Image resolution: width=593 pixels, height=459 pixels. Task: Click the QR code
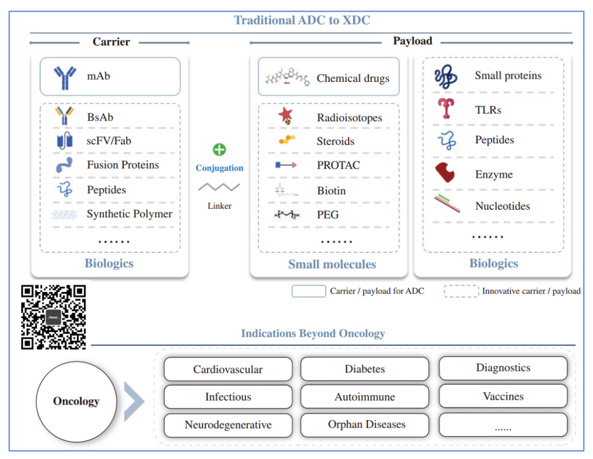(x=53, y=317)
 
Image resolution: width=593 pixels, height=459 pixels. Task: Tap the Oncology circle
(x=76, y=401)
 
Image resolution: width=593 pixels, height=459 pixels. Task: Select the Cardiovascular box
(x=228, y=370)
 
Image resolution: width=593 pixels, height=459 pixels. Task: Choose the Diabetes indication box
(x=365, y=369)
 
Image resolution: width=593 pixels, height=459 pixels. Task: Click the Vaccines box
(x=503, y=396)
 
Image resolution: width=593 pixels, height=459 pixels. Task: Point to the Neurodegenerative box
(x=228, y=425)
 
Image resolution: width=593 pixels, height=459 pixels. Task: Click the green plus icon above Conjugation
(x=219, y=150)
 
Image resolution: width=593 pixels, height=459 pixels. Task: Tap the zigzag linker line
(x=219, y=187)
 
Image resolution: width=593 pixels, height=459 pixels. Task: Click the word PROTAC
(x=338, y=165)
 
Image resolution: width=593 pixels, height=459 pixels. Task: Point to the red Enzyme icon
(x=445, y=173)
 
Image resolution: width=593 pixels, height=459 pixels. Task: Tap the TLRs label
(x=488, y=110)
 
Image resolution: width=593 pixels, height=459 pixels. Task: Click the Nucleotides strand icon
(x=447, y=204)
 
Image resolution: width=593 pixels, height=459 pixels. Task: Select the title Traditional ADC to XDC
(x=302, y=20)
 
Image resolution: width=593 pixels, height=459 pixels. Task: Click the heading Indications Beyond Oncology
(x=313, y=333)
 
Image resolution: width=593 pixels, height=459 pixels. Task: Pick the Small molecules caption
(x=332, y=264)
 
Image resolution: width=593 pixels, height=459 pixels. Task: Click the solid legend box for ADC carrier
(x=309, y=291)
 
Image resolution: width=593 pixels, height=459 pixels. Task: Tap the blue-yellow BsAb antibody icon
(x=64, y=116)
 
